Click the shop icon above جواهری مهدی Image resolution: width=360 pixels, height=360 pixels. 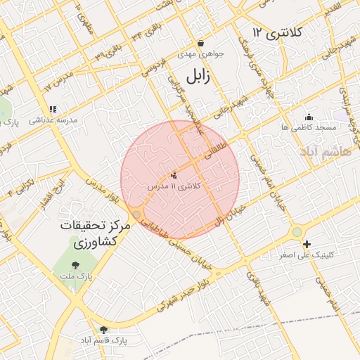tap(201, 43)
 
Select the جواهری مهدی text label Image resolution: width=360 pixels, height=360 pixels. tap(200, 53)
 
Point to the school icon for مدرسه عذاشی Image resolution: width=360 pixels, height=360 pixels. tap(52, 109)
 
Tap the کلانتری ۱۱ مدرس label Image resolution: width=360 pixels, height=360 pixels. tap(174, 186)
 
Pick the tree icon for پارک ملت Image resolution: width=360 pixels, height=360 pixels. tap(75, 264)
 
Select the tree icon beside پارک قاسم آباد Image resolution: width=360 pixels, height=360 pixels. tap(104, 329)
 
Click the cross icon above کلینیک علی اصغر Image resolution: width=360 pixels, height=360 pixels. tap(307, 244)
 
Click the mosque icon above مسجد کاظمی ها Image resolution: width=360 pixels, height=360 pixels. tap(308, 117)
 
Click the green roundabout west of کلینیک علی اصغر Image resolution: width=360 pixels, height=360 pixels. tap(297, 231)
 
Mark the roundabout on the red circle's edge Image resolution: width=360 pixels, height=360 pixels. tap(136, 213)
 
